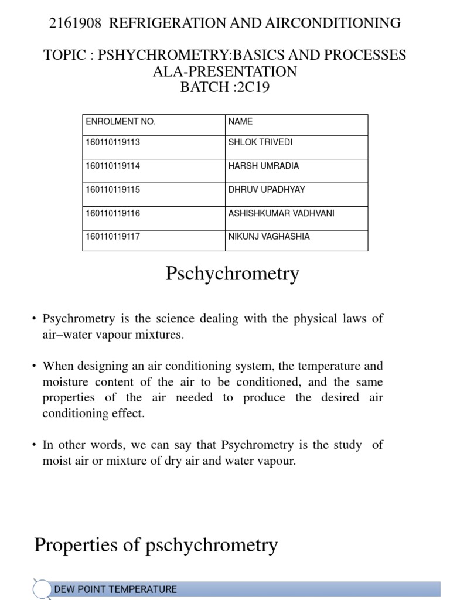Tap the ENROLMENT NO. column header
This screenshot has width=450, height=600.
(121, 122)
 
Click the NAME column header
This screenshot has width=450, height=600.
(240, 122)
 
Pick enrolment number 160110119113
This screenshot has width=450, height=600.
(113, 142)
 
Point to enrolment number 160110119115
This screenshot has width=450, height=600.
(113, 190)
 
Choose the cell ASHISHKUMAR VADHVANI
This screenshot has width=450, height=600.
(281, 213)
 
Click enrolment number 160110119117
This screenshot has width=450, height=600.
(113, 237)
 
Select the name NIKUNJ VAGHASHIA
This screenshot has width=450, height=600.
(269, 237)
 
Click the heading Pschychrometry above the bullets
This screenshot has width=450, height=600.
(233, 274)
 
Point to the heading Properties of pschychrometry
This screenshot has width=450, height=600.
(156, 546)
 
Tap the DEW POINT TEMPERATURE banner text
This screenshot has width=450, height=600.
(115, 589)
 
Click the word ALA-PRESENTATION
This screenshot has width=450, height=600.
(225, 71)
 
